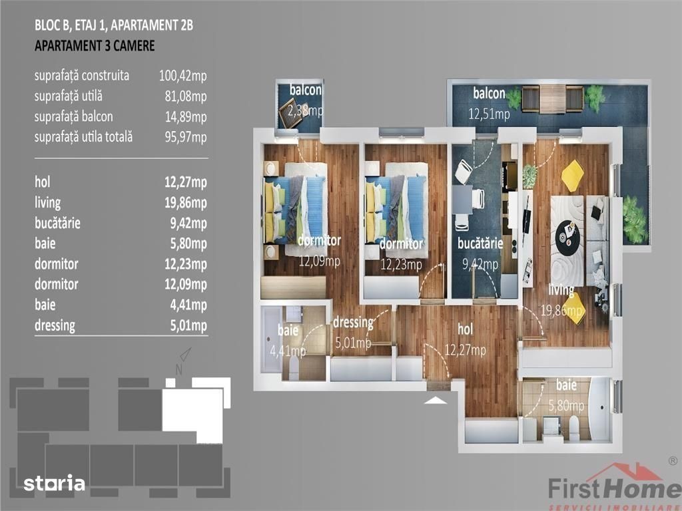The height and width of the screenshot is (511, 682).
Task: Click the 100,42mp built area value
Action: tap(182, 76)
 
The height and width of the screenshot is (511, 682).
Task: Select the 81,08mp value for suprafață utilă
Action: tap(186, 96)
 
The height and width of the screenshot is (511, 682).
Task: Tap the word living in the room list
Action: tap(48, 203)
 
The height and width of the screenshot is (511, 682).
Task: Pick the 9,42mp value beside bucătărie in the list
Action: tap(188, 224)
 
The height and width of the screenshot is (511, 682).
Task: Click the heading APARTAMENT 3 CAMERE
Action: tap(95, 46)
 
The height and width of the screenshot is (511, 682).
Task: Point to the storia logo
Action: tap(55, 483)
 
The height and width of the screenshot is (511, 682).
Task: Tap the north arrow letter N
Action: tap(178, 370)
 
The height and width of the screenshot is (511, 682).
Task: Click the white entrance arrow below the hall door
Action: tap(436, 400)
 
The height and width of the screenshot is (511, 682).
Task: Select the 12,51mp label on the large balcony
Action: tap(489, 114)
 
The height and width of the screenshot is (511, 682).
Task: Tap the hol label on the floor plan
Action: tap(465, 329)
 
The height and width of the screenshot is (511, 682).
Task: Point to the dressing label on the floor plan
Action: tap(353, 323)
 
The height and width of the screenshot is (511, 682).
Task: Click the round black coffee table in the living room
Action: tap(568, 235)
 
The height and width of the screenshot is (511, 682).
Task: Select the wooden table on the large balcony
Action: tap(552, 99)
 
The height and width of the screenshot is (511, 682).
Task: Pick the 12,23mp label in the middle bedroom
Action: tap(401, 264)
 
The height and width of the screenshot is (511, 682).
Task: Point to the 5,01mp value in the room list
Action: tap(188, 325)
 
